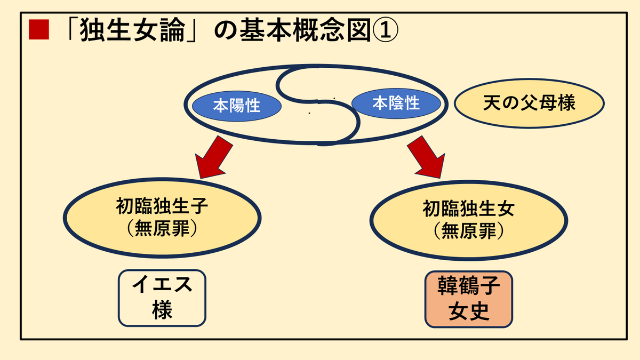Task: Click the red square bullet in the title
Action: click(x=39, y=29)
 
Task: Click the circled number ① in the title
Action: click(x=385, y=30)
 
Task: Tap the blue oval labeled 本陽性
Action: click(x=237, y=106)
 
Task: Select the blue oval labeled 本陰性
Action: click(x=396, y=103)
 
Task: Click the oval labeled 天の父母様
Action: click(x=529, y=103)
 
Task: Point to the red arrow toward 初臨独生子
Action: click(x=214, y=157)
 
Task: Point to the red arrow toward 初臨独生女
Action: click(x=426, y=157)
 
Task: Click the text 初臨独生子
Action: click(x=162, y=206)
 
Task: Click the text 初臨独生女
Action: click(x=469, y=209)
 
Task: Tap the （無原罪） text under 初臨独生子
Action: click(x=162, y=228)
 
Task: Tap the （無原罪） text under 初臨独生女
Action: click(x=469, y=230)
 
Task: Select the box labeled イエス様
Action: click(x=162, y=298)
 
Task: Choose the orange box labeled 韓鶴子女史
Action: click(x=469, y=299)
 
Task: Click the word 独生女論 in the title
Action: click(x=132, y=30)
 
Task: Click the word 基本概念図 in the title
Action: click(x=305, y=30)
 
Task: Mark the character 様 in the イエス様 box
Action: click(x=162, y=310)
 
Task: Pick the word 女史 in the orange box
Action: click(x=469, y=311)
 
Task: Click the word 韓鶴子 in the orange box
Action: click(x=469, y=286)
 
